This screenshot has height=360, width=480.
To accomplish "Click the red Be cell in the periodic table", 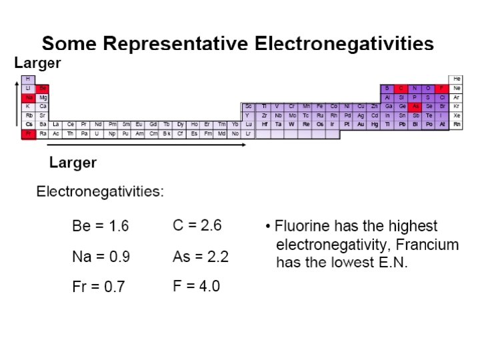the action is tap(43, 88).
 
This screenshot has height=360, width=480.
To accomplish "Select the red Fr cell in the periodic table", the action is tap(29, 133).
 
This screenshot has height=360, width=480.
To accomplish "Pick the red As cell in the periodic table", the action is tap(415, 106).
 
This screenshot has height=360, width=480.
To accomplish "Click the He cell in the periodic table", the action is tap(457, 79).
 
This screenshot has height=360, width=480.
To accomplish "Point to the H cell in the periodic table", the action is tap(29, 79).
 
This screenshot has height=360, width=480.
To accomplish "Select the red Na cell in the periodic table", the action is tap(29, 97).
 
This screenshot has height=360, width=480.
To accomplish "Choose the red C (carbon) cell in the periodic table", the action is tap(401, 88).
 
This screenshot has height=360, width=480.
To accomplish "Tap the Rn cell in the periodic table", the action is tap(457, 124).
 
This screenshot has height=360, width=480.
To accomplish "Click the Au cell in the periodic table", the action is tap(361, 124).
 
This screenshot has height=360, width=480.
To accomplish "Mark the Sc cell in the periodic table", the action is tap(248, 106).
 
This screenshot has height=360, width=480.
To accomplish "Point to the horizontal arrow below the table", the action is tap(147, 144).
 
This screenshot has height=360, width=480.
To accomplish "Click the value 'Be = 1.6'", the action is tap(100, 226).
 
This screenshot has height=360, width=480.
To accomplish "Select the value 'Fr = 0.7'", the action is tap(98, 287).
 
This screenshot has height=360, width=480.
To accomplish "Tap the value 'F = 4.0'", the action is tap(196, 287).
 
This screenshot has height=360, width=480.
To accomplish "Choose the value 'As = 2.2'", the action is tap(201, 257).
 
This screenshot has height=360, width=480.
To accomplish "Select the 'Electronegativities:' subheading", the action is tap(100, 192).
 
